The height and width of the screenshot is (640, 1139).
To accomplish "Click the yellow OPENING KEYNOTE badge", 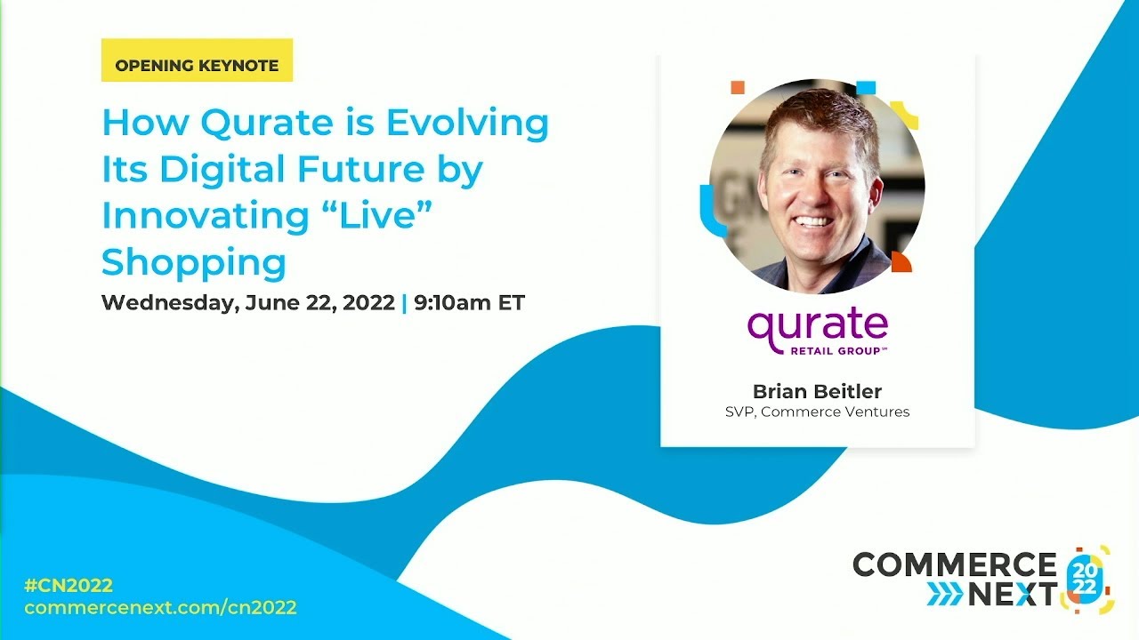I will pyautogui.click(x=197, y=65).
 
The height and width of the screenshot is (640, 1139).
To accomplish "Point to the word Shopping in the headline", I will pyautogui.click(x=194, y=262).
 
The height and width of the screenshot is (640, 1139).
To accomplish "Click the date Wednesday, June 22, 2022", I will pyautogui.click(x=247, y=302).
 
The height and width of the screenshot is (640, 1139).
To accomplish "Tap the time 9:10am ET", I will pyautogui.click(x=469, y=302).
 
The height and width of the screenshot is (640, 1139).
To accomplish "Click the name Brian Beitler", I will pyautogui.click(x=817, y=391).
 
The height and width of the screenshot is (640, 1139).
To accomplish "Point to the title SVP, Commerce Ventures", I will pyautogui.click(x=817, y=412).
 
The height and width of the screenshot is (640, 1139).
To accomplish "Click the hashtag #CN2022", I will pyautogui.click(x=69, y=585).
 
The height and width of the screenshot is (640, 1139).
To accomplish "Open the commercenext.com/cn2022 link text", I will pyautogui.click(x=160, y=608).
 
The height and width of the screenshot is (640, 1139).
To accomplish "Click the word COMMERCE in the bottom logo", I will pyautogui.click(x=954, y=564).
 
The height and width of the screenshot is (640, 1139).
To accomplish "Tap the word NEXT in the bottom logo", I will pyautogui.click(x=1012, y=594).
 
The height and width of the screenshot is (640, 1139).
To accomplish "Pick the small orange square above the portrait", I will pyautogui.click(x=737, y=87).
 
